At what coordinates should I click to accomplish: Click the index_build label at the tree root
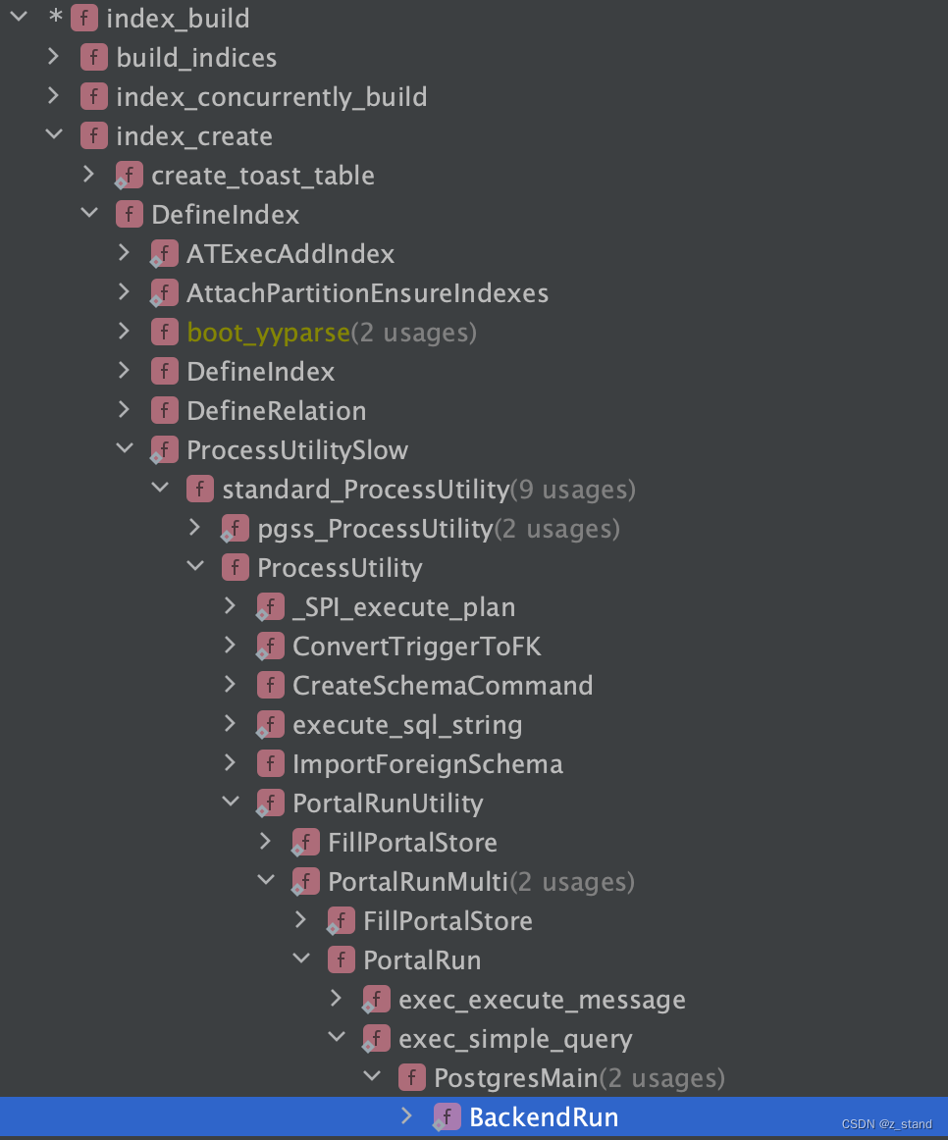coord(178,19)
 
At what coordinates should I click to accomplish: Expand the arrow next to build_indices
coord(54,57)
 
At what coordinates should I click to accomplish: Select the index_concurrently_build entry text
coord(271,97)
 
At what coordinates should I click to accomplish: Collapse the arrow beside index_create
coord(54,135)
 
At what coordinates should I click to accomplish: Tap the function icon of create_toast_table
coord(129,176)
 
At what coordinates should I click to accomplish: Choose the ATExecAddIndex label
coord(290,254)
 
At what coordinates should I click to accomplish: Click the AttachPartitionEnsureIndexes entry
coord(367,293)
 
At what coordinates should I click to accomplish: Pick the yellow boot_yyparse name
coord(268,333)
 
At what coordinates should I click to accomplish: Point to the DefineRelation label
coord(276,411)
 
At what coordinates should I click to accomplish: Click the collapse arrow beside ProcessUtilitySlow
coord(125,449)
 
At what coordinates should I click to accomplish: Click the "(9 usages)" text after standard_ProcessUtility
coord(573,490)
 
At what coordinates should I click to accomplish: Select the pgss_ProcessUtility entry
coord(375,529)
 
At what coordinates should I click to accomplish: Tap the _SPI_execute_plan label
coord(403,607)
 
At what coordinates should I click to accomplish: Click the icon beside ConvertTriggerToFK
coord(270,647)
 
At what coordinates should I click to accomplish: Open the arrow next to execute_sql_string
coord(231,724)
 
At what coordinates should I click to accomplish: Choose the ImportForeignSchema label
coord(427,764)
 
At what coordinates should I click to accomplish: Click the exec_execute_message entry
coord(542,1000)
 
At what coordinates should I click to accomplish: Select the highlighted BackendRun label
coord(544,1117)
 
